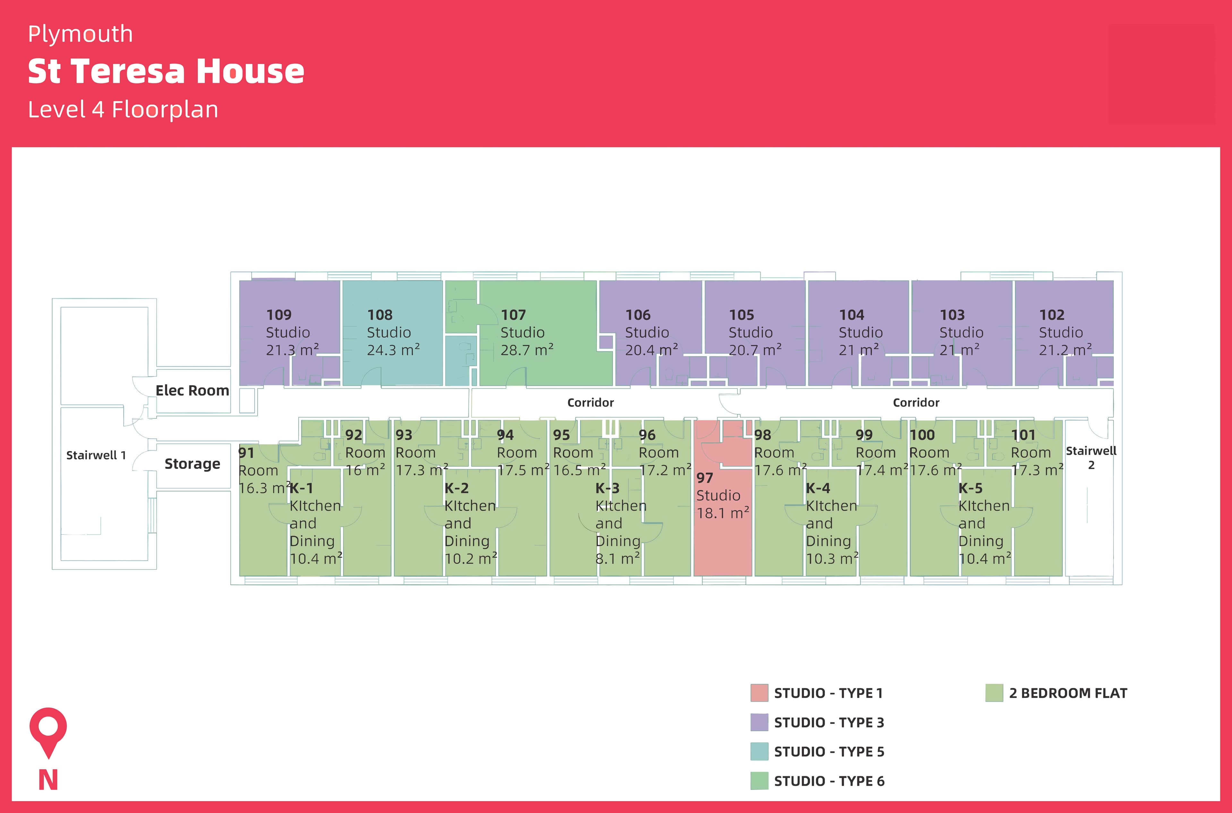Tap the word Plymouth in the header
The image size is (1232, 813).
pos(81,34)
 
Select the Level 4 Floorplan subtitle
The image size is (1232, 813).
pos(123,109)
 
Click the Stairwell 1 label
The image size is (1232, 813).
pos(96,455)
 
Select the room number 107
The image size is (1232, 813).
pos(513,315)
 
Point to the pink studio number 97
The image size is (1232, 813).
pos(705,478)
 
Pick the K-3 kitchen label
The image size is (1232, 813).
pos(607,488)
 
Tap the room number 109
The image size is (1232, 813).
pos(278,315)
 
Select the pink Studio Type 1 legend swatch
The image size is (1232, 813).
pos(759,693)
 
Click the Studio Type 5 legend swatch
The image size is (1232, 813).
pos(759,751)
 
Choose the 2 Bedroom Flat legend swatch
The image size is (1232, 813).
pos(994,693)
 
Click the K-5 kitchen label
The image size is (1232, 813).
pos(970,488)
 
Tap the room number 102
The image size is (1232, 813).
pos(1051,315)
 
